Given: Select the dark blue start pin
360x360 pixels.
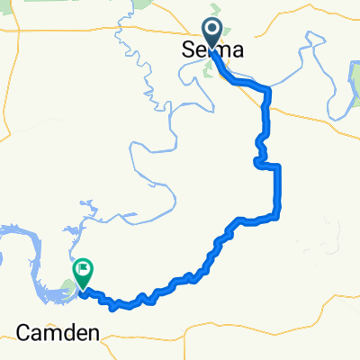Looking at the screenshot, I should click(x=213, y=34).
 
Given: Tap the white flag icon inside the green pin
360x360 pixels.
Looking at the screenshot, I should click(x=84, y=267).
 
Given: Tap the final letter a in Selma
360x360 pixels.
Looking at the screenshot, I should click(x=238, y=51).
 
